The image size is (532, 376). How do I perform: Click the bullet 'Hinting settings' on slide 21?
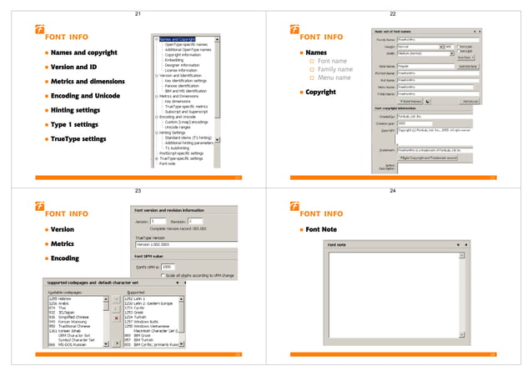click(81, 109)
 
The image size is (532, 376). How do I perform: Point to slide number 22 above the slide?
click(391, 15)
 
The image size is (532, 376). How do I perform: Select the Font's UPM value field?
click(167, 266)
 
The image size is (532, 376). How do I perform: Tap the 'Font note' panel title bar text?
click(339, 244)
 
